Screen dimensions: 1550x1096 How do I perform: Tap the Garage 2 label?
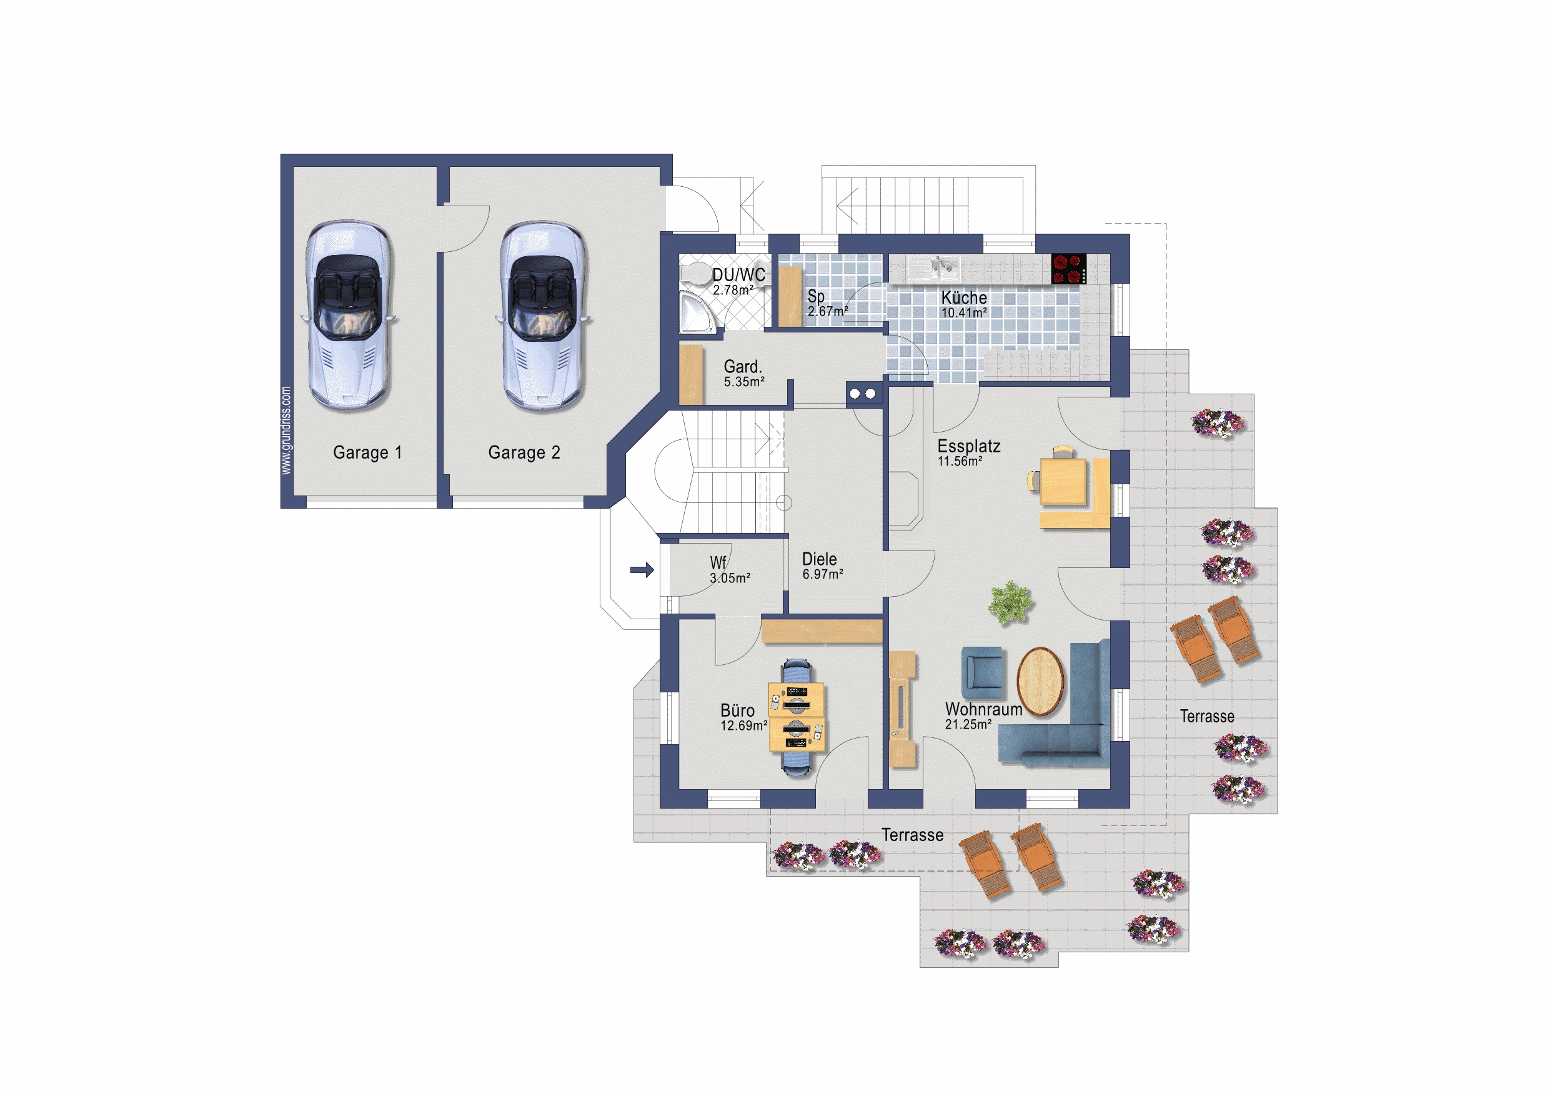click(525, 452)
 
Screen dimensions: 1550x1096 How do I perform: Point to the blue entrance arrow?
click(642, 570)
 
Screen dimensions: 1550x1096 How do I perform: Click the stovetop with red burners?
click(1069, 269)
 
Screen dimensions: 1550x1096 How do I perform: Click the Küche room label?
click(964, 297)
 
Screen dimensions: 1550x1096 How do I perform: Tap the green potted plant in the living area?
click(1010, 602)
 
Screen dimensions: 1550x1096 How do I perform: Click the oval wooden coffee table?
click(1040, 680)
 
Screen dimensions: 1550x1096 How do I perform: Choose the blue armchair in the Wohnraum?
click(983, 672)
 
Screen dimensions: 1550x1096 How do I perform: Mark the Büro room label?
click(737, 710)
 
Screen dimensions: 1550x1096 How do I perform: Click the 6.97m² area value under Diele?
click(823, 574)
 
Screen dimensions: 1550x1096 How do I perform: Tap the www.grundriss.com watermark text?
click(286, 430)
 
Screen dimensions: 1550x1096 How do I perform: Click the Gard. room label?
click(743, 367)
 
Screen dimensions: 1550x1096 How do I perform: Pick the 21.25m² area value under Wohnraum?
click(968, 725)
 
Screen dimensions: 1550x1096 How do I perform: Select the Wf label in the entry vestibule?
click(718, 562)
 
